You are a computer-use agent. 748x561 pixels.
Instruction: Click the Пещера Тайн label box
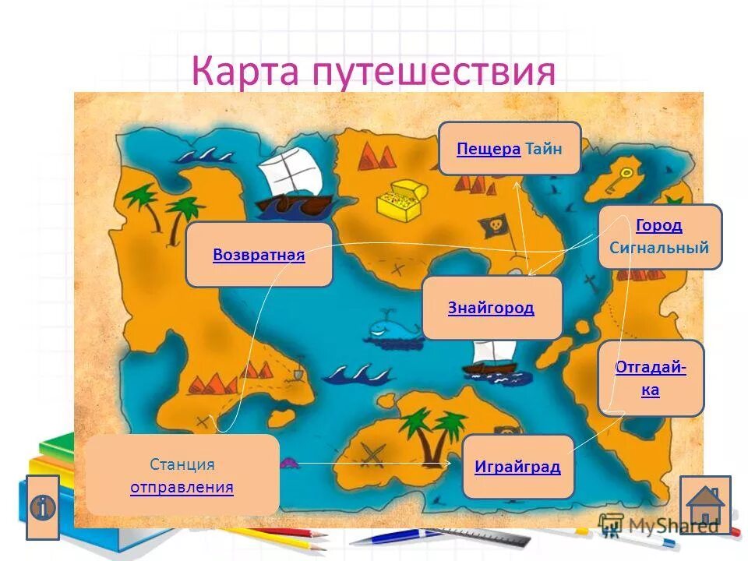(x=509, y=148)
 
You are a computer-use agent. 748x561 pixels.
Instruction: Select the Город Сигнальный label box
(x=659, y=237)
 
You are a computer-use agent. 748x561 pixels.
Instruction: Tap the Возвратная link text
(x=259, y=255)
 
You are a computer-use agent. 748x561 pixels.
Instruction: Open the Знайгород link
(x=491, y=308)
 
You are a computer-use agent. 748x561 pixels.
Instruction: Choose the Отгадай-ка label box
(x=651, y=378)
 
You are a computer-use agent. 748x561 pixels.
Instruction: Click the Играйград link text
(x=517, y=467)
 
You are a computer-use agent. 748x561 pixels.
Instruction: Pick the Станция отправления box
(x=182, y=475)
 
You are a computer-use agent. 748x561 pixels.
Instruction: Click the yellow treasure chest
(x=400, y=199)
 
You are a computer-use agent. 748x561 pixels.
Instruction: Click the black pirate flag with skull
(x=494, y=226)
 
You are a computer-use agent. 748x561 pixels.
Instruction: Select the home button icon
(x=705, y=505)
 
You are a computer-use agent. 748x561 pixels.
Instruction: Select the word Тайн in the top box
(x=543, y=148)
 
